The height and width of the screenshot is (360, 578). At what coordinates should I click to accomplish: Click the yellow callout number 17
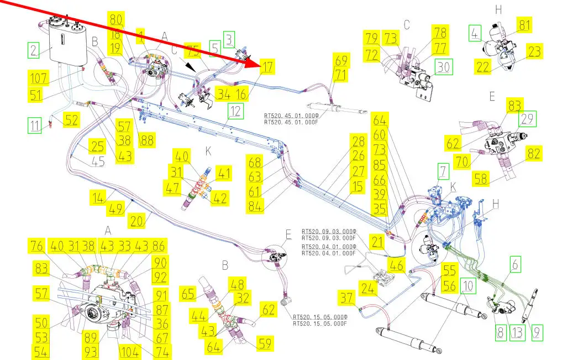[x=267, y=67]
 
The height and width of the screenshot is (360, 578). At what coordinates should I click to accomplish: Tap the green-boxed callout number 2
[x=34, y=50]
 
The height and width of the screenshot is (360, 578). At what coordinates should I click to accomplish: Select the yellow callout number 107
[x=39, y=78]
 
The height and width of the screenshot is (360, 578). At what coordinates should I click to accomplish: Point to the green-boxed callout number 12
[x=236, y=111]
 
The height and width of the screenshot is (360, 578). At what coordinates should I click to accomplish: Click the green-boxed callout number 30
[x=444, y=67]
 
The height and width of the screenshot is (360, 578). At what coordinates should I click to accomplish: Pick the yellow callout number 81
[x=524, y=25]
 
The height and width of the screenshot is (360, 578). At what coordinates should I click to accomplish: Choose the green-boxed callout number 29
[x=527, y=119]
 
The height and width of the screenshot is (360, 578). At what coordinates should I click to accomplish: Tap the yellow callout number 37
[x=347, y=298]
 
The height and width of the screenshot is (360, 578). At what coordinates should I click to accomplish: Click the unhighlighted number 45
[x=97, y=161]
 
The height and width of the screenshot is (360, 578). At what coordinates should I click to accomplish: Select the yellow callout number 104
[x=130, y=352]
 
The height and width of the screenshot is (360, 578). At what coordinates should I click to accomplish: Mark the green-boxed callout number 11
[x=35, y=126]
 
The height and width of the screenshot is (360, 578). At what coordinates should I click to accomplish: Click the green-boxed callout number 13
[x=517, y=333]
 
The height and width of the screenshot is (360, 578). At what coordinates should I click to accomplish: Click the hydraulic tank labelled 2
[x=68, y=43]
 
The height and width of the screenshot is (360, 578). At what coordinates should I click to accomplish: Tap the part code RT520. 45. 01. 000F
[x=291, y=122]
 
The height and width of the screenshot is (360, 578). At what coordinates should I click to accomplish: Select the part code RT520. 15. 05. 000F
[x=319, y=324]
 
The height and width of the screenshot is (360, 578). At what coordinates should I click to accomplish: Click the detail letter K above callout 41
[x=208, y=151]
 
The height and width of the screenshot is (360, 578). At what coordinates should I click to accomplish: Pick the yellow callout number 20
[x=136, y=221]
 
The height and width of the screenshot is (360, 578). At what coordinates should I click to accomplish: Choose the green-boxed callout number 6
[x=516, y=264]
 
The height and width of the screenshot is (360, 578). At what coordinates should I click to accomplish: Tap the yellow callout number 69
[x=341, y=60]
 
